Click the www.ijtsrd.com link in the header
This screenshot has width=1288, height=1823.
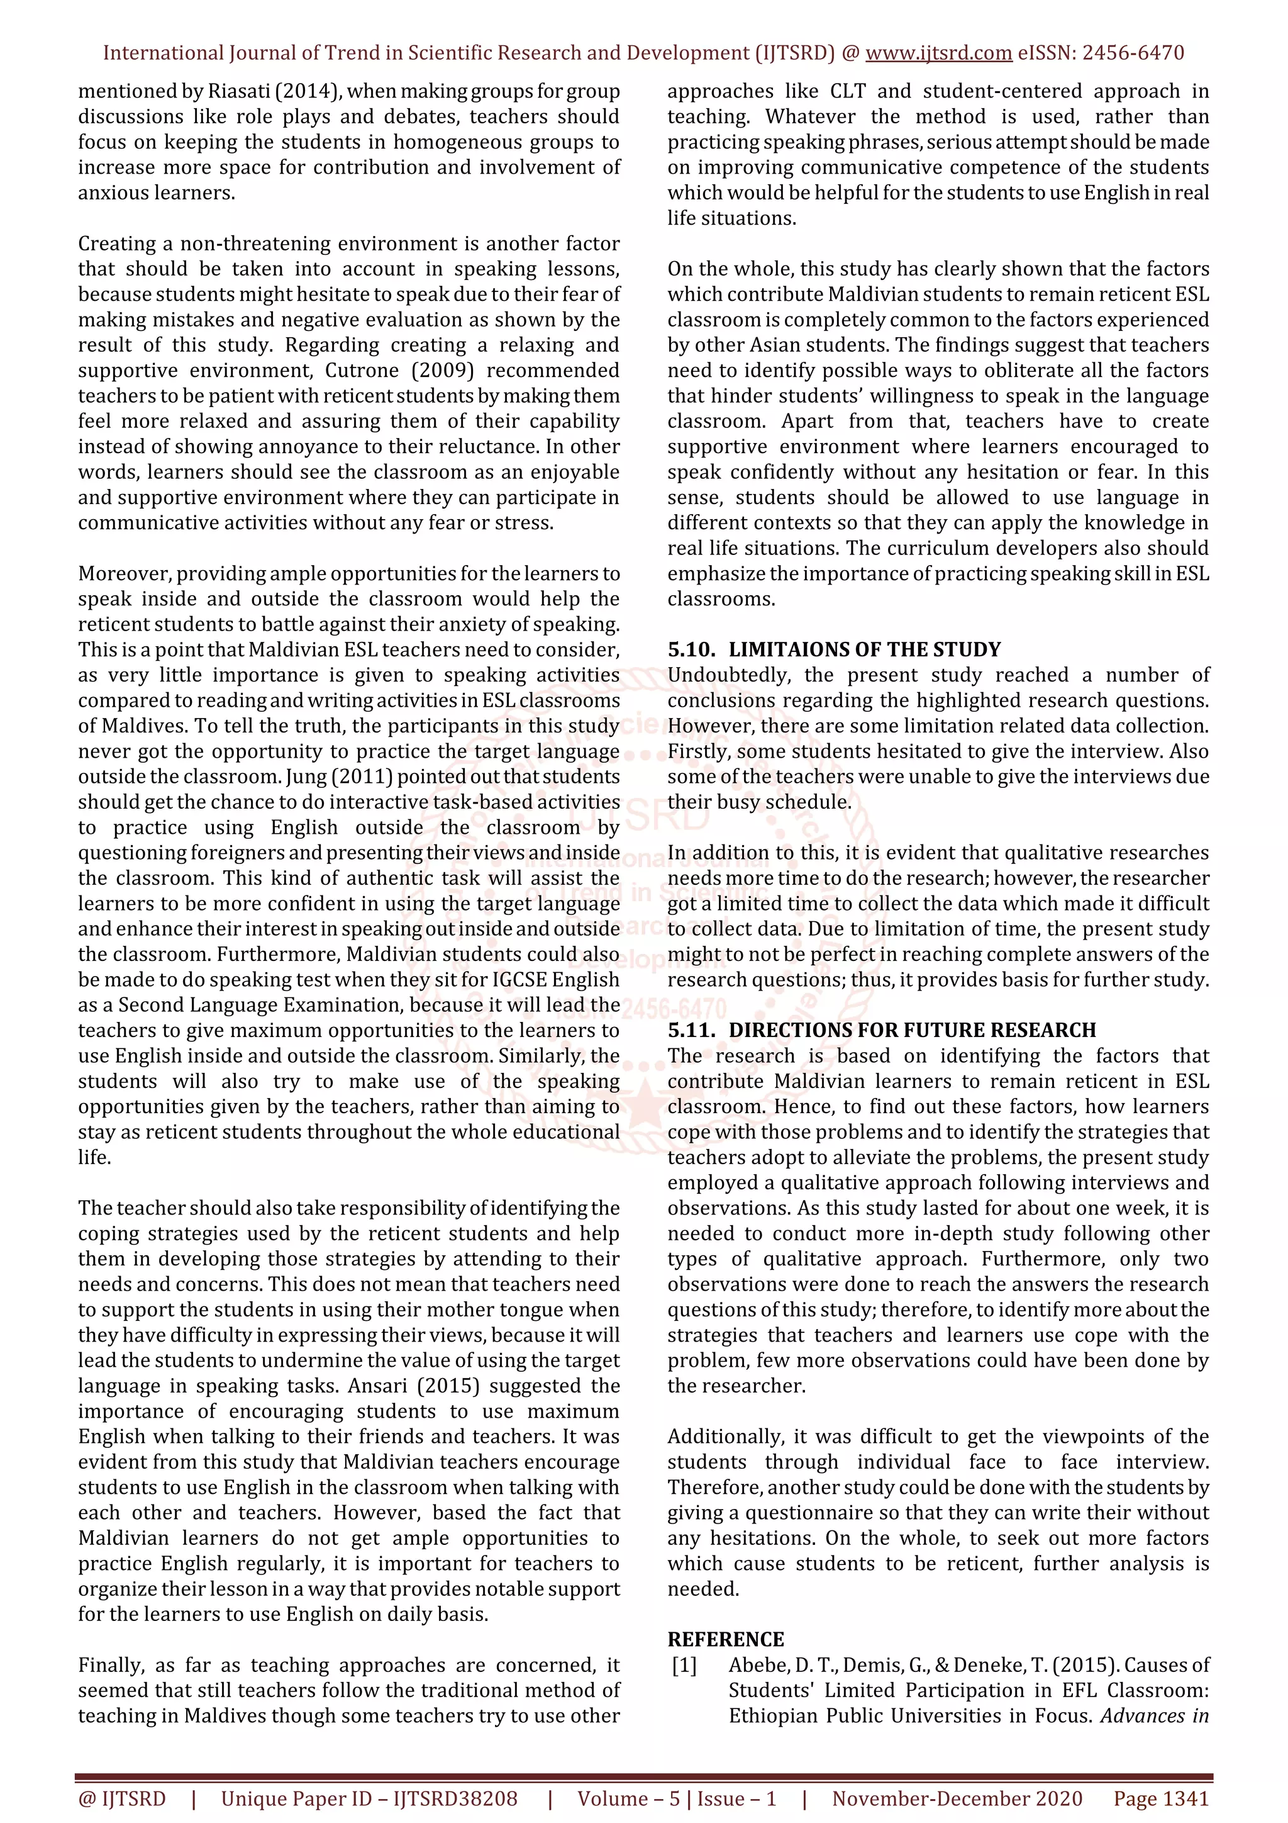pos(938,53)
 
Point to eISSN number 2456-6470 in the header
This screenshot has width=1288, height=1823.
pos(1133,53)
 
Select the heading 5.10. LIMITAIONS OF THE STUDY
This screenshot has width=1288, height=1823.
pos(833,649)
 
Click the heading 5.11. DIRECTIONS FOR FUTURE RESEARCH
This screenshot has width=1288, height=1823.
pos(881,1030)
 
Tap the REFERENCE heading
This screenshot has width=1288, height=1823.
pos(725,1640)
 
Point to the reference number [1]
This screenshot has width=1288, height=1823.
pos(684,1665)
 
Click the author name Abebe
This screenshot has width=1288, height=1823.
pos(758,1665)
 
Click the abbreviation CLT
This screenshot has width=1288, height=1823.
pos(848,91)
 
